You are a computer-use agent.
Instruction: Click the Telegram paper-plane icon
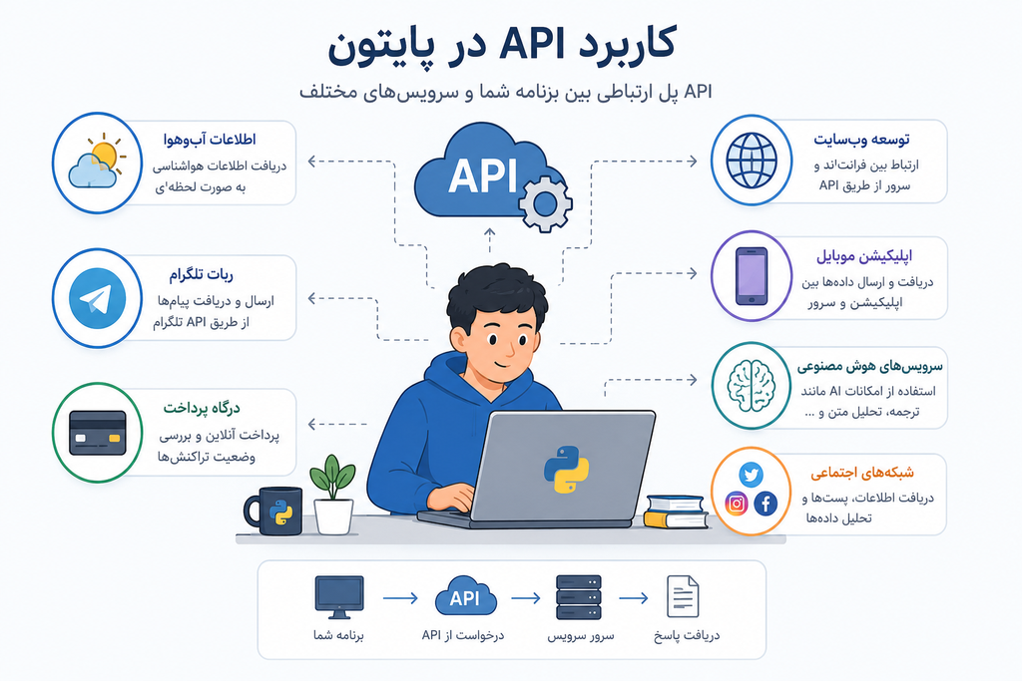pyautogui.click(x=97, y=299)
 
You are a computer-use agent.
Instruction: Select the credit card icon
pyautogui.click(x=98, y=433)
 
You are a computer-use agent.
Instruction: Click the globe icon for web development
pyautogui.click(x=752, y=161)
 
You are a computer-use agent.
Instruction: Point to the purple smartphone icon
pyautogui.click(x=752, y=276)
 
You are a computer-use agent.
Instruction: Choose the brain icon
pyautogui.click(x=752, y=386)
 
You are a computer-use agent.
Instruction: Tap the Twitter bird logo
pyautogui.click(x=751, y=474)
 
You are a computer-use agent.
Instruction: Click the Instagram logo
pyautogui.click(x=737, y=504)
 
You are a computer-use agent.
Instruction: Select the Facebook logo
pyautogui.click(x=766, y=504)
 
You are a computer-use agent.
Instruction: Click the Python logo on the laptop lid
pyautogui.click(x=566, y=469)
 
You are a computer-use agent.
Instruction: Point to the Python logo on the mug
pyautogui.click(x=280, y=512)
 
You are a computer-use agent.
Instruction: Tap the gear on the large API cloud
pyautogui.click(x=546, y=203)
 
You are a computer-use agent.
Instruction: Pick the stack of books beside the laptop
pyautogui.click(x=676, y=511)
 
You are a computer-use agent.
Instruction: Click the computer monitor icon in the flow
pyautogui.click(x=339, y=597)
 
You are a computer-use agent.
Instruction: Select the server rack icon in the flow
pyautogui.click(x=578, y=597)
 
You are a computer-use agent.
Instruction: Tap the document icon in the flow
pyautogui.click(x=683, y=596)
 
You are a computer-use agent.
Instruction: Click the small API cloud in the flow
pyautogui.click(x=465, y=595)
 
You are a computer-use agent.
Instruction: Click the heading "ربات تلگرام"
pyautogui.click(x=202, y=275)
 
